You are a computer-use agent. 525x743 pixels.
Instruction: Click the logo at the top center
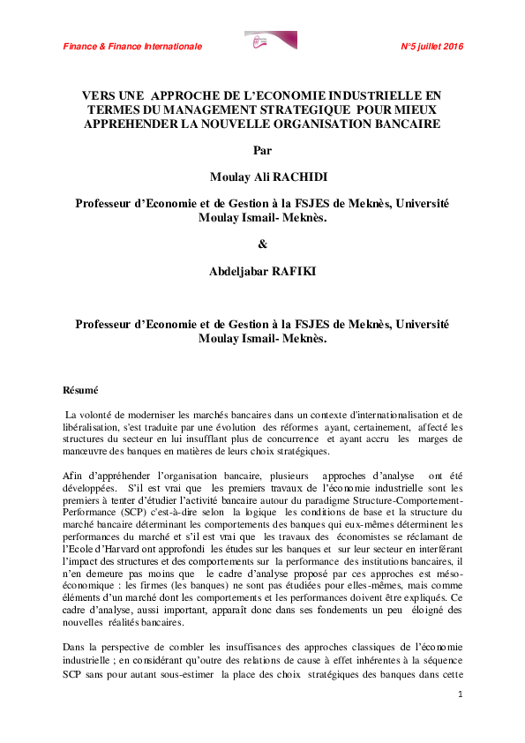[270, 41]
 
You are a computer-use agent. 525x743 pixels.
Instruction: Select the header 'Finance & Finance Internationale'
[132, 46]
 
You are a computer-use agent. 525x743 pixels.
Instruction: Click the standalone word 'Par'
[262, 149]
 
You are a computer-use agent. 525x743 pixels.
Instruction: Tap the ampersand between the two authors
[262, 243]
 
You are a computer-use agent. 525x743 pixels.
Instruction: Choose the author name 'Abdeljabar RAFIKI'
[262, 272]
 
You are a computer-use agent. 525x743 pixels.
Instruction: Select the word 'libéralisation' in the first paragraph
[90, 427]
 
